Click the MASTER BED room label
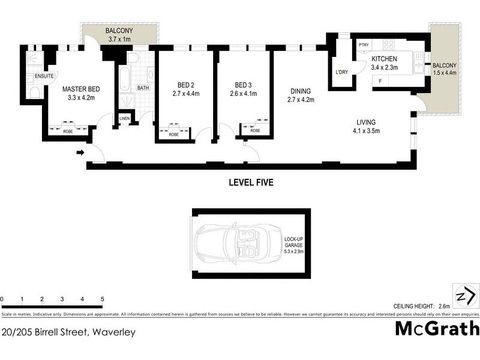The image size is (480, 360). (x=80, y=89)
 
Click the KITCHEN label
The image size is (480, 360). (x=384, y=59)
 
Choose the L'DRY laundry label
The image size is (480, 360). (x=341, y=73)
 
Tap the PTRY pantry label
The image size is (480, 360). (x=363, y=45)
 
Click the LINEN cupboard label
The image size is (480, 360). (x=125, y=119)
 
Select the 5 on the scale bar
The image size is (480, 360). (x=103, y=299)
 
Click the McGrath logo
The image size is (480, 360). (x=437, y=329)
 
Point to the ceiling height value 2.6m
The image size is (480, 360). (x=444, y=307)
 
